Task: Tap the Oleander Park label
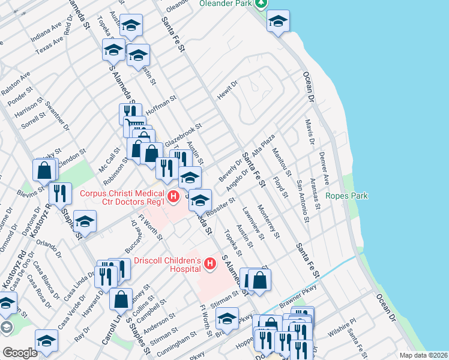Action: click(x=225, y=3)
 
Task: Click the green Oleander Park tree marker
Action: click(x=261, y=3)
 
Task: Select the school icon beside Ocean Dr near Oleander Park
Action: click(x=278, y=22)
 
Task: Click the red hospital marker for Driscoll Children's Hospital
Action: click(x=210, y=263)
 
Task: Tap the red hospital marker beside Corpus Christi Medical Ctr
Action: click(x=173, y=196)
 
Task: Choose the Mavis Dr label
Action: click(x=309, y=132)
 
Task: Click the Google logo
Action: click(x=20, y=353)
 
